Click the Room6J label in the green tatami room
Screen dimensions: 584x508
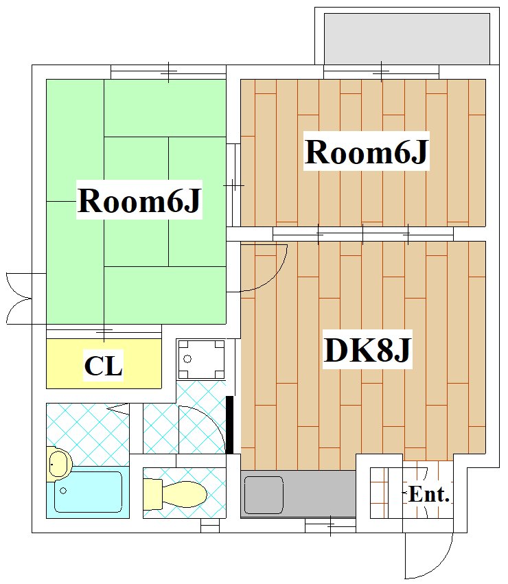coord(139,201)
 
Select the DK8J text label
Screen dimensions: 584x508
coord(367,351)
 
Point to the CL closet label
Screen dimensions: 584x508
coord(103,366)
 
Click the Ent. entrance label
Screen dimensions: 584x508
coord(428,494)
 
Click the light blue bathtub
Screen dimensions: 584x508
coord(88,491)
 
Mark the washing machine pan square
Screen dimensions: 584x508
coord(201,359)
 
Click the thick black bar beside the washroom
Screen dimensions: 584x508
coord(230,425)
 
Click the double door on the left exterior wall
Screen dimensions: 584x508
coord(19,298)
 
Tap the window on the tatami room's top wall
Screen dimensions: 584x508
coord(168,71)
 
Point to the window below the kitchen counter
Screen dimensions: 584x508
coord(330,527)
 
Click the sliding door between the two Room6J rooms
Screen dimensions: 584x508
coord(234,185)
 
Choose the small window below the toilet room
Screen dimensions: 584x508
coord(209,527)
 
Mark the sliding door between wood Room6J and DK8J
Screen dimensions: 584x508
coord(362,234)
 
